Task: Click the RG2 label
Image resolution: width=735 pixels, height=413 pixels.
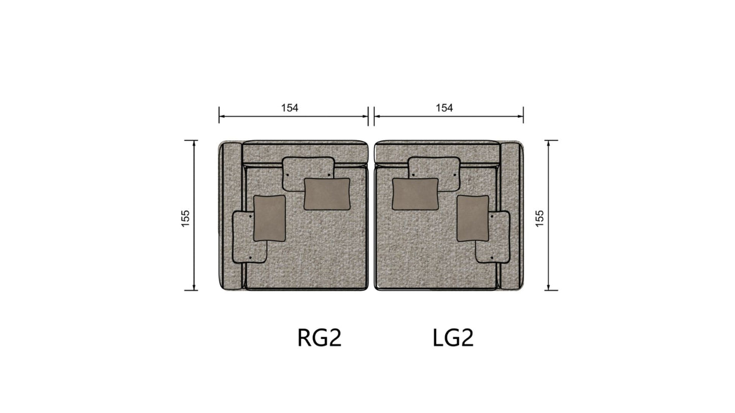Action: pos(319,338)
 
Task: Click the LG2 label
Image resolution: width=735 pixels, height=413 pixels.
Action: pos(453,338)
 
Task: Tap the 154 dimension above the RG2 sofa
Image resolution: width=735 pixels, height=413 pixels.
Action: pos(290,108)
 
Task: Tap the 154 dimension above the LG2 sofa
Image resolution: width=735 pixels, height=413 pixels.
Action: pos(444,108)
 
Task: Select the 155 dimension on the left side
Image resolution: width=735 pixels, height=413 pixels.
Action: pos(185,218)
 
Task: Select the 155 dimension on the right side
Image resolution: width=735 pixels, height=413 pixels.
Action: pos(539,218)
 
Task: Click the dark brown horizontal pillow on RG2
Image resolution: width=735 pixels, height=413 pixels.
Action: pos(327,194)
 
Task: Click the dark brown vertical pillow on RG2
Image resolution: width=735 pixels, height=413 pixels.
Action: pos(270,218)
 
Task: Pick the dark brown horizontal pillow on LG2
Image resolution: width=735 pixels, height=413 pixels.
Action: pos(416,194)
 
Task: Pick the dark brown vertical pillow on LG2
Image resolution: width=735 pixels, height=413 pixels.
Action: pos(473,218)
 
